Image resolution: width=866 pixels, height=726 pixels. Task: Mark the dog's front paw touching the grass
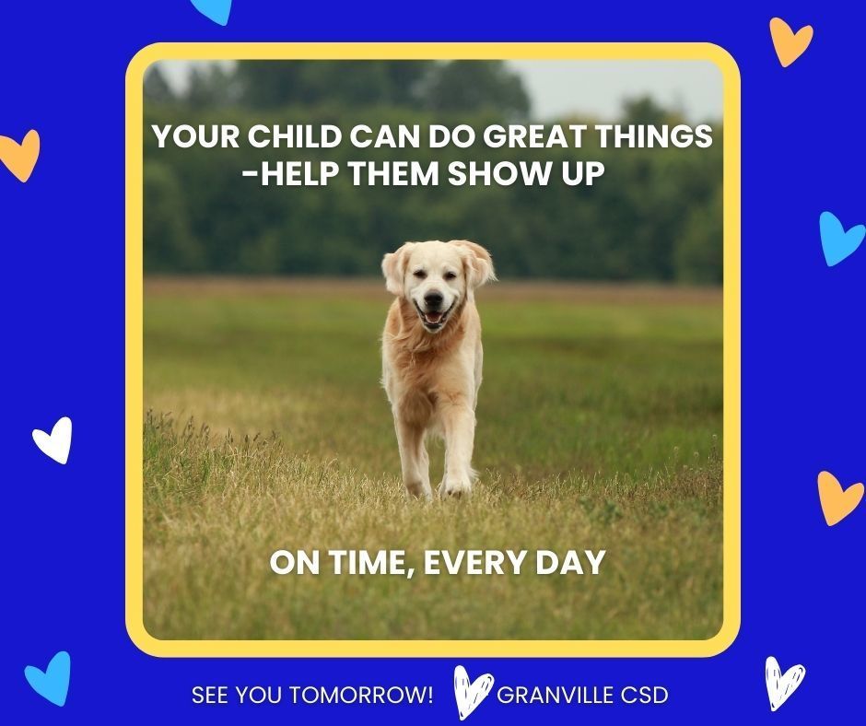point(455,486)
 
